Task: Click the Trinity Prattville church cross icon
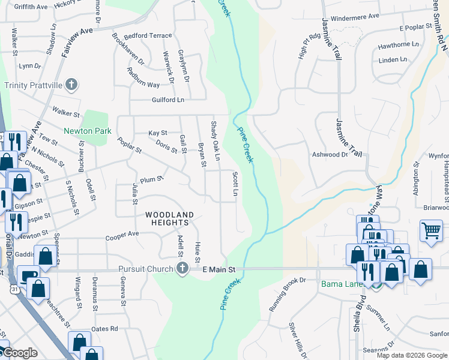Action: (x=71, y=84)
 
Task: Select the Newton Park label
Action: (x=88, y=131)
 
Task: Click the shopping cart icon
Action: (x=431, y=230)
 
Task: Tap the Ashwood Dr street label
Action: (x=330, y=155)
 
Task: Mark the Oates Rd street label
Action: (x=104, y=329)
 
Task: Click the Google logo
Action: (x=20, y=353)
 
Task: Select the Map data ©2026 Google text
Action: (x=411, y=355)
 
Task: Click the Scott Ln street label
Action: (x=235, y=184)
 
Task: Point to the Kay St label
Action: (x=157, y=133)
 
